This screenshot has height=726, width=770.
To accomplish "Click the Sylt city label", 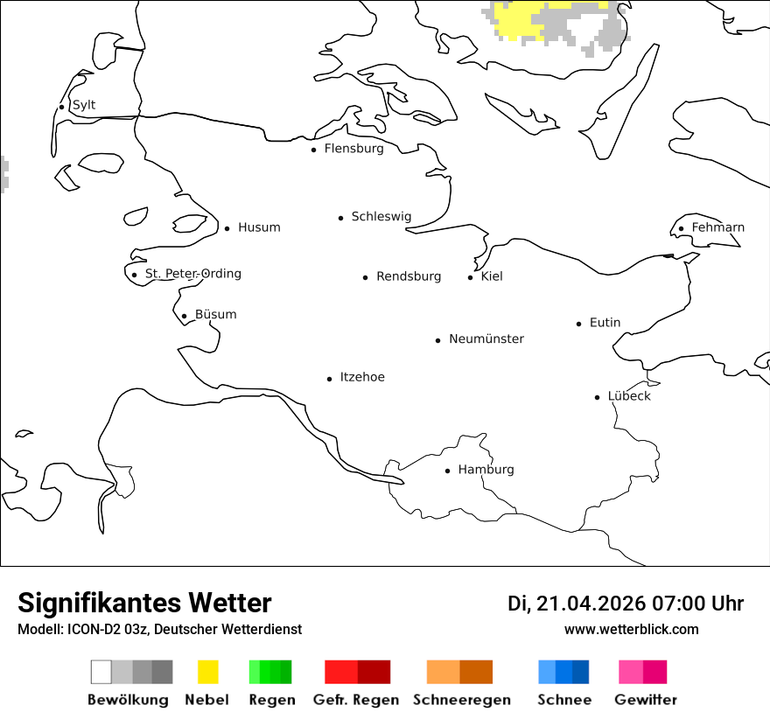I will click(x=84, y=105).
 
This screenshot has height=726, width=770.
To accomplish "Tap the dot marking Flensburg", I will click(x=313, y=150).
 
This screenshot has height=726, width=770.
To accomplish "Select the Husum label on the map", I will click(x=259, y=227).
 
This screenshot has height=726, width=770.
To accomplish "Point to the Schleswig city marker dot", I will click(x=341, y=218).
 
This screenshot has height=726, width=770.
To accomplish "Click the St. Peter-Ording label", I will click(x=192, y=274).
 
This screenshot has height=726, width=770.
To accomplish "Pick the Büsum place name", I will click(x=215, y=315).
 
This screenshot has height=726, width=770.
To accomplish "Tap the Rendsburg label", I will click(x=409, y=276).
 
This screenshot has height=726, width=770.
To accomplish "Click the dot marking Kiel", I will click(x=471, y=277).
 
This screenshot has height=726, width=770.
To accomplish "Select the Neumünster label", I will click(x=486, y=339).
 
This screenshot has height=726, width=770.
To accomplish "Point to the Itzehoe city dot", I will click(x=330, y=379).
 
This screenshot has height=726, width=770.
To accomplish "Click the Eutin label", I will click(x=605, y=323).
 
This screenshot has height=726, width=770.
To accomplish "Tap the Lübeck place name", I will click(x=629, y=396).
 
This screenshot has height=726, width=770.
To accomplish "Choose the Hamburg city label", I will click(x=486, y=470).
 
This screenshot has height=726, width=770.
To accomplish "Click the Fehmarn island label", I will click(x=717, y=227).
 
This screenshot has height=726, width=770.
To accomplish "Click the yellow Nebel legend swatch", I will click(x=207, y=672).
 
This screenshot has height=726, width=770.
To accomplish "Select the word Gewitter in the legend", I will click(x=646, y=700).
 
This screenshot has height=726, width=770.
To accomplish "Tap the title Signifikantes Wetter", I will click(x=144, y=603).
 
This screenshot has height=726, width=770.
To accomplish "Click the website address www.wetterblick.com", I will click(x=632, y=630).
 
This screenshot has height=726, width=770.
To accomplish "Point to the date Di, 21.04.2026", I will click(x=577, y=604).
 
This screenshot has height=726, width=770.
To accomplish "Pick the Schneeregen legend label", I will click(x=462, y=700).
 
